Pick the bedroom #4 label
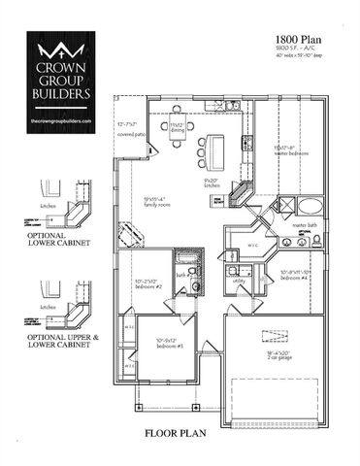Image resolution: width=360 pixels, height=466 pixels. (x=294, y=274)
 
